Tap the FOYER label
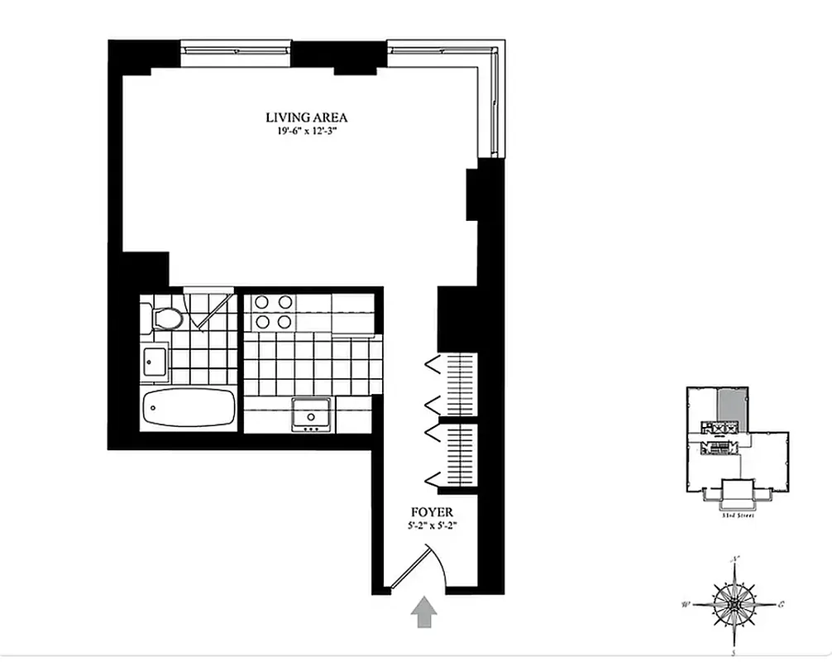tap(432, 512)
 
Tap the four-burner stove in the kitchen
tap(273, 312)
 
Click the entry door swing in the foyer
tap(422, 569)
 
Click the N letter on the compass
tap(735, 559)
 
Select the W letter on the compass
tap(685, 605)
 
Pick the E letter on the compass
tap(782, 603)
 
